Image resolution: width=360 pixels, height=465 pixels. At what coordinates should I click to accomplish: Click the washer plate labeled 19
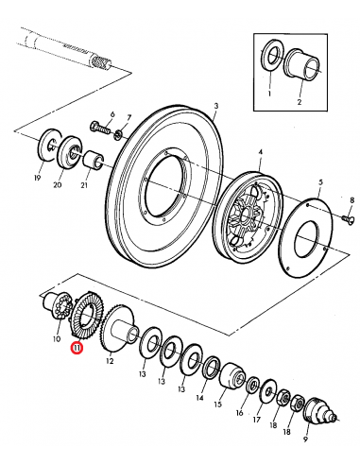tap(49, 144)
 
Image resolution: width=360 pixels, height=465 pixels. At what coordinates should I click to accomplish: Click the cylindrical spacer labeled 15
tap(231, 378)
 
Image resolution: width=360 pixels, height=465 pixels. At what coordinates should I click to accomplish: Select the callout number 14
tap(199, 399)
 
